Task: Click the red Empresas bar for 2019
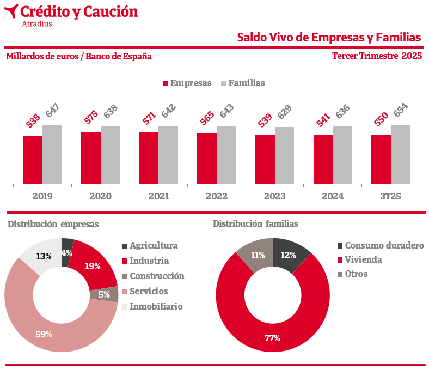pyautogui.click(x=33, y=160)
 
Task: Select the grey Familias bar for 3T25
pyautogui.click(x=400, y=154)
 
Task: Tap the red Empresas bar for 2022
pyautogui.click(x=207, y=158)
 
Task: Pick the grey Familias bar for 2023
pyautogui.click(x=284, y=155)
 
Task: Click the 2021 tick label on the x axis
pyautogui.click(x=158, y=196)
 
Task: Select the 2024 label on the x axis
pyautogui.click(x=333, y=196)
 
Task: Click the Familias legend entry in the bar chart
pyautogui.click(x=242, y=83)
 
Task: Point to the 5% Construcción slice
pyautogui.click(x=103, y=294)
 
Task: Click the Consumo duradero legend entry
pyautogui.click(x=381, y=246)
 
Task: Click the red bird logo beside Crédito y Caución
pyautogui.click(x=10, y=11)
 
